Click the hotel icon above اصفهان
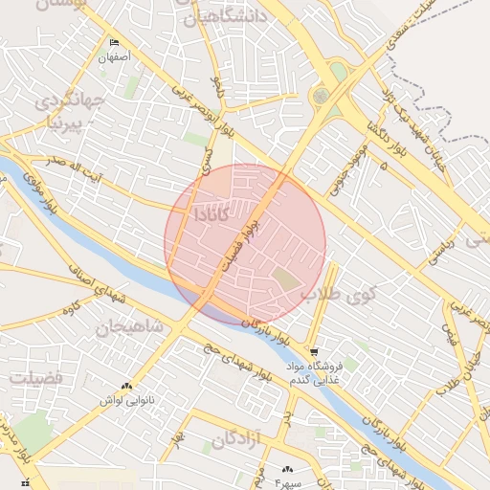115,43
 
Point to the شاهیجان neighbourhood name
128,328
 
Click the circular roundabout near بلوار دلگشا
321,96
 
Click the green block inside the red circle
286,279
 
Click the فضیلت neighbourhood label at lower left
35,378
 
